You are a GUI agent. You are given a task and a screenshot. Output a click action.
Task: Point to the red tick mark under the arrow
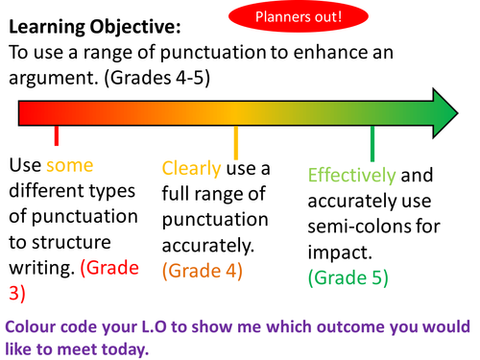click(x=57, y=136)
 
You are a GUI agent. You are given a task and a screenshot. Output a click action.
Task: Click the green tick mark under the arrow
click(x=372, y=144)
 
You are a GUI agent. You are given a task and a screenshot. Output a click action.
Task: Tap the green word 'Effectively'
click(x=350, y=175)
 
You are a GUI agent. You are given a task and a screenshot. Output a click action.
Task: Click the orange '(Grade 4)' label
click(x=202, y=270)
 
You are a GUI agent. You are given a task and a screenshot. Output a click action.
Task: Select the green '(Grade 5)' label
click(x=348, y=278)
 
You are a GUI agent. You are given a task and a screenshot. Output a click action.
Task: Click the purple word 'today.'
click(x=123, y=346)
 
